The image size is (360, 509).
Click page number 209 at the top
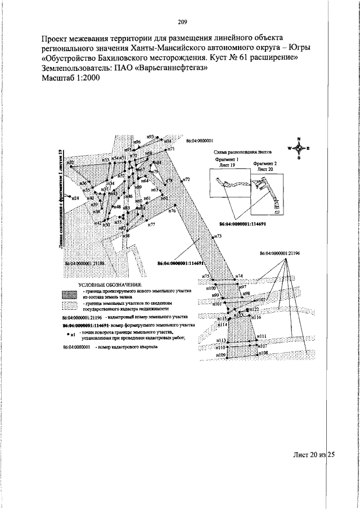pyautogui.click(x=182, y=22)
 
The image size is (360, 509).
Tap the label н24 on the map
pyautogui.click(x=74, y=197)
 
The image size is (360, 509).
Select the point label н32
pyautogui.click(x=71, y=163)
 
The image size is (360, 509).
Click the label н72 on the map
pyautogui.click(x=186, y=179)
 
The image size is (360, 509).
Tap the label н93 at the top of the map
pyautogui.click(x=150, y=136)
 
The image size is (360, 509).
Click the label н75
pyautogui.click(x=206, y=276)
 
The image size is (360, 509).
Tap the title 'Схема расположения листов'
pyautogui.click(x=243, y=152)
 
